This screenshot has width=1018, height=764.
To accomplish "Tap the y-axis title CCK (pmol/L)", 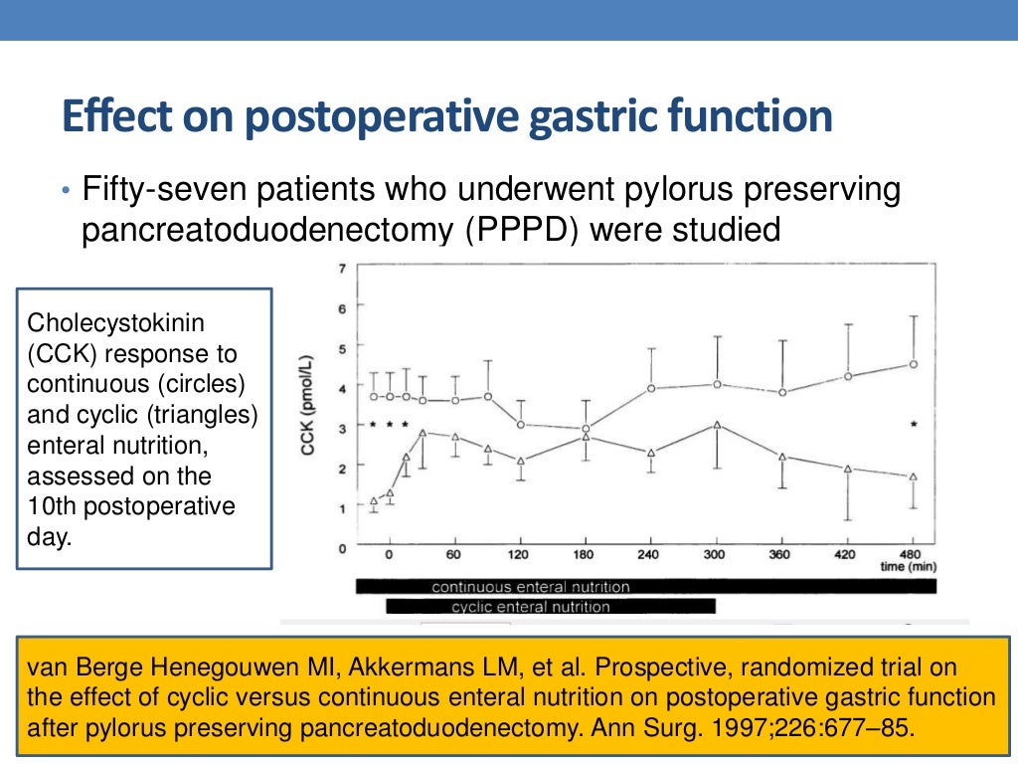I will (x=307, y=406).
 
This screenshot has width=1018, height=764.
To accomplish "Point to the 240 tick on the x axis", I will (x=648, y=554).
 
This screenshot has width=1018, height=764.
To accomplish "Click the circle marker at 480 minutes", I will (x=913, y=364).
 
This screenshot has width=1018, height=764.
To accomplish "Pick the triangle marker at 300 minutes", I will (x=716, y=425).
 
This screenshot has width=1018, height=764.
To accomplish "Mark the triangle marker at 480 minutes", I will (x=913, y=477).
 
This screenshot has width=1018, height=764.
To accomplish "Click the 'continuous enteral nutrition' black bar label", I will (x=530, y=587).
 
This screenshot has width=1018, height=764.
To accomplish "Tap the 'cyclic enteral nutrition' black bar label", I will (x=530, y=606).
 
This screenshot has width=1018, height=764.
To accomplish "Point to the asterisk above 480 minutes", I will (x=913, y=426).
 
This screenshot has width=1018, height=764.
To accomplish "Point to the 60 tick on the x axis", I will (x=453, y=554).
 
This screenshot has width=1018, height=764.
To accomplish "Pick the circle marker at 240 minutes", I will (x=650, y=388).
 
